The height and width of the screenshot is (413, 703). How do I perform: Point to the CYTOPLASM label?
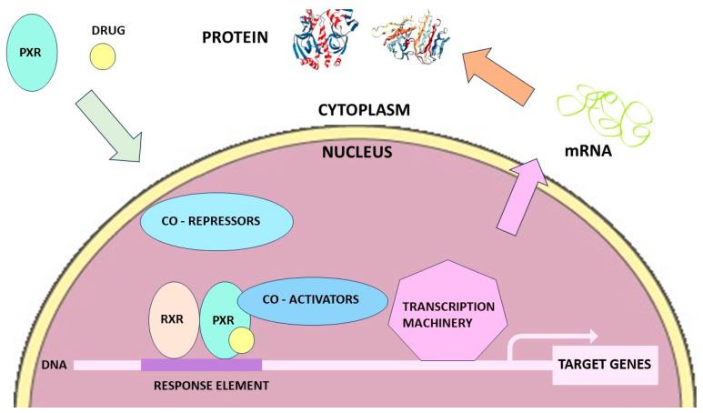coord(364,109)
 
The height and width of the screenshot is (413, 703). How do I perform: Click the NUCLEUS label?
coord(357,152)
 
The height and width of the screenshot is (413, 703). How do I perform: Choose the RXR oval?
coord(174,319)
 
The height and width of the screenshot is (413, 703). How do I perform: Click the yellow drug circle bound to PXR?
coord(241,341)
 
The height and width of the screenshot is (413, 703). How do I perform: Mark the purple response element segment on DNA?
coord(201,365)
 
